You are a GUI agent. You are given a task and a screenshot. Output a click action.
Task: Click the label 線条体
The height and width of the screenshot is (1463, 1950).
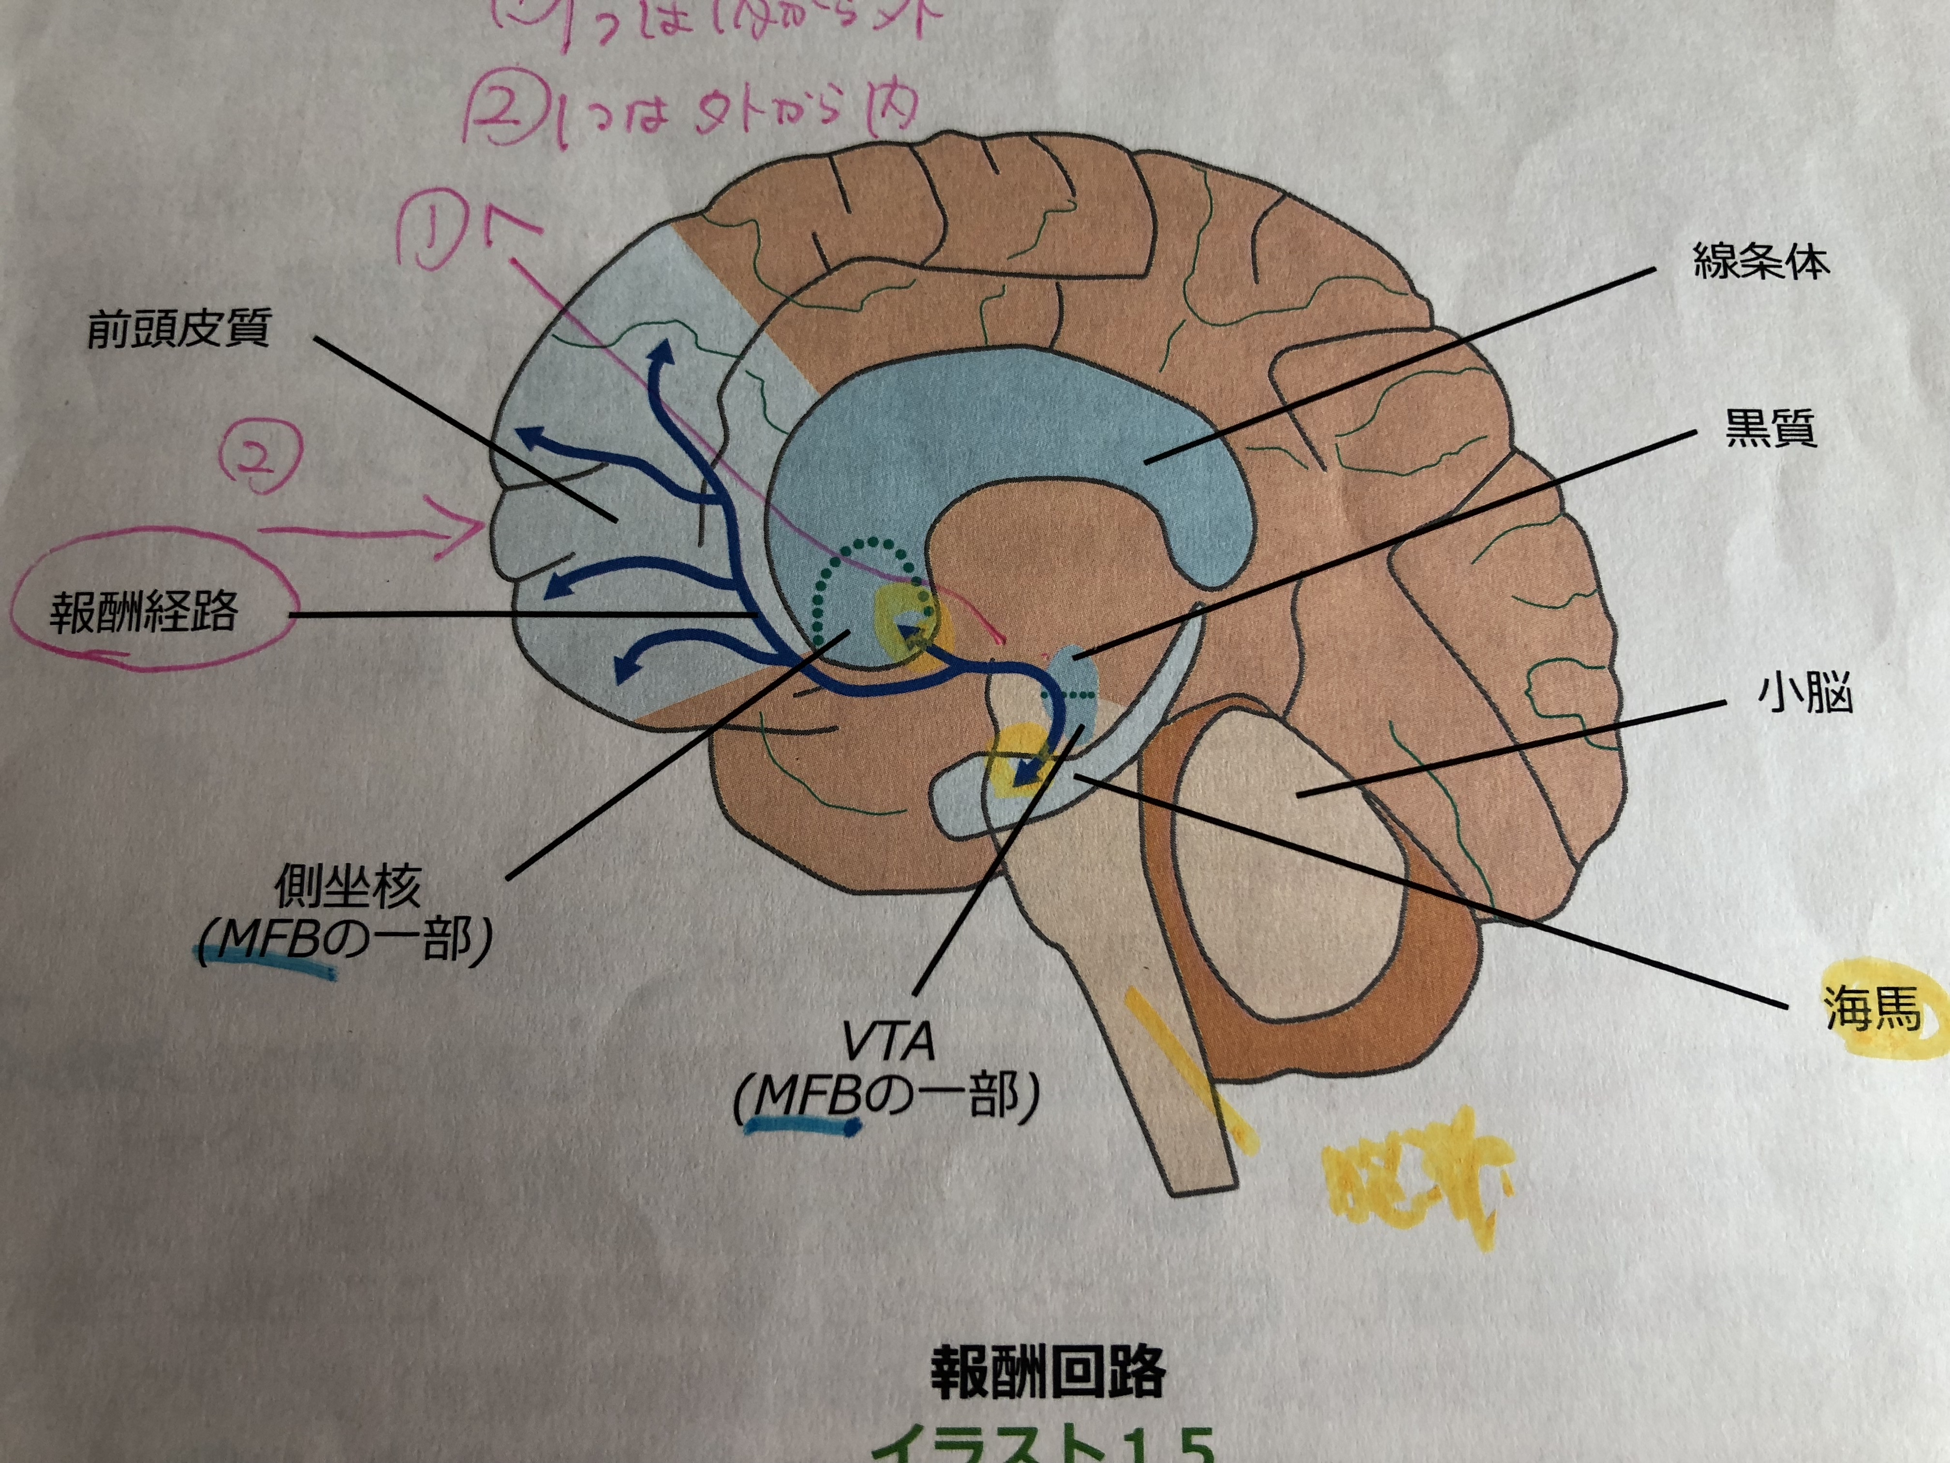tap(1760, 262)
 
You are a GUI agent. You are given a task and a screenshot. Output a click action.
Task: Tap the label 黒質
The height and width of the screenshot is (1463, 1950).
tap(1770, 430)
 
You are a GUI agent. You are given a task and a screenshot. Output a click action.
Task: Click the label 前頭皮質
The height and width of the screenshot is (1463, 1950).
tap(178, 328)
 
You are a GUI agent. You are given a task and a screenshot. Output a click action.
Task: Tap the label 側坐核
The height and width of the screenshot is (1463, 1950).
tap(348, 886)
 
